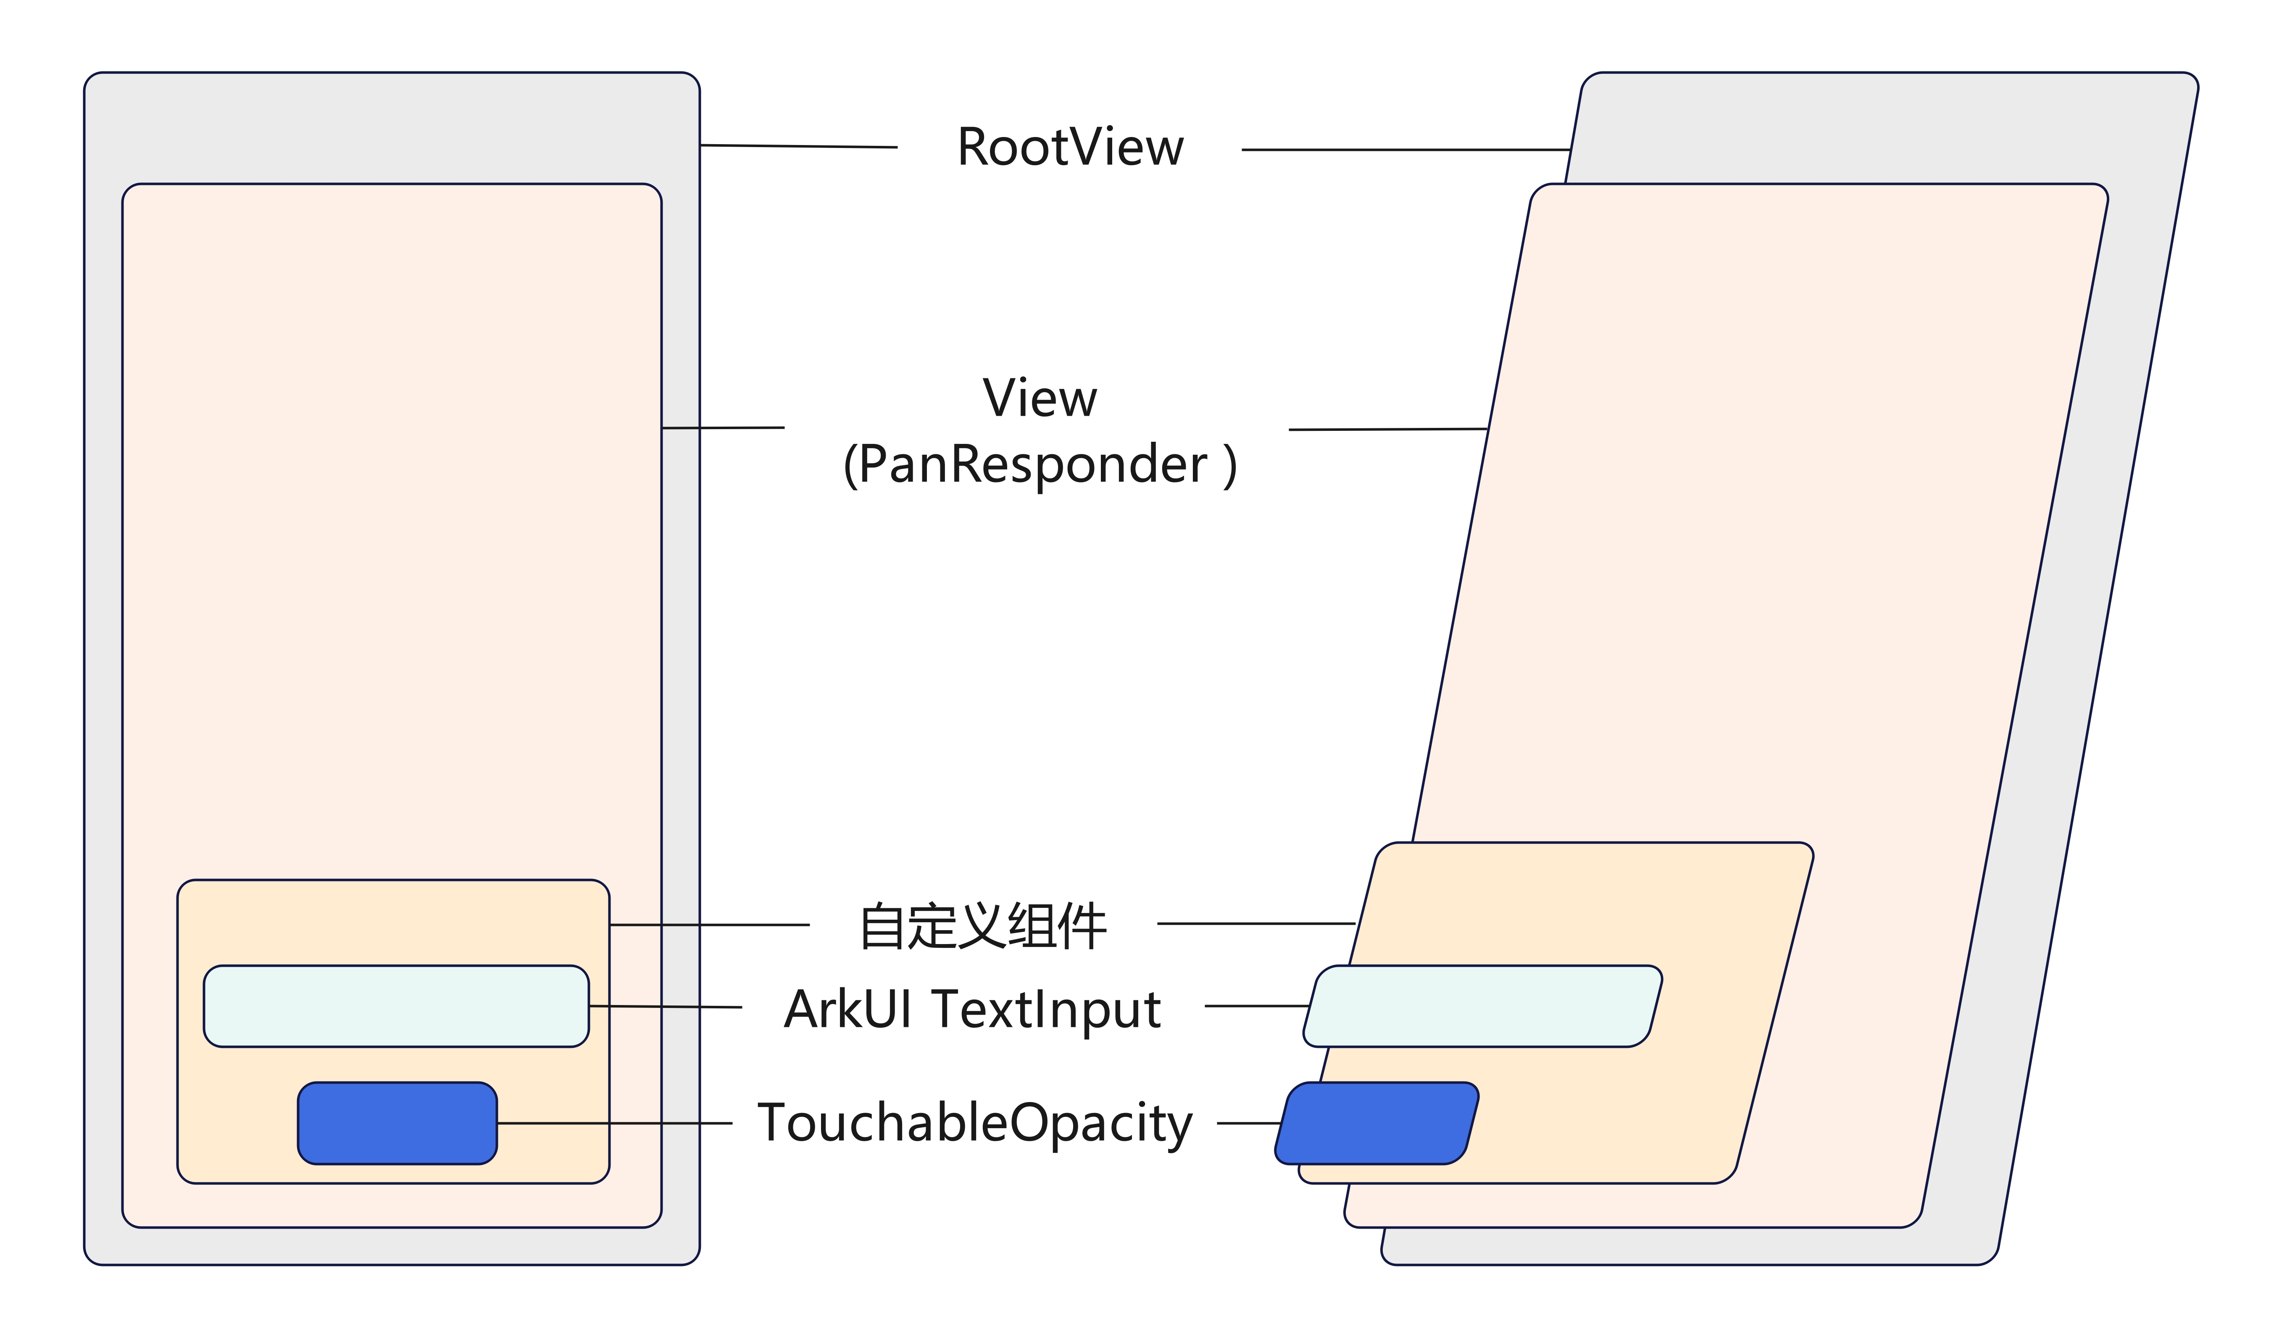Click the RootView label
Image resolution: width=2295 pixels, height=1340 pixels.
(x=1070, y=148)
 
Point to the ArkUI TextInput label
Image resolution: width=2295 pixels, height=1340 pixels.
(x=973, y=1009)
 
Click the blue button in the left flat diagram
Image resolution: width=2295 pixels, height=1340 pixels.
(x=397, y=1123)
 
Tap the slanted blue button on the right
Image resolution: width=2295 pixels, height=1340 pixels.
(x=1377, y=1123)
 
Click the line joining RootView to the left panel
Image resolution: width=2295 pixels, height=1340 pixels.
(x=799, y=146)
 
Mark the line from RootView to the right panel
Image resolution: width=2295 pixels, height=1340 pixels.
(x=1405, y=149)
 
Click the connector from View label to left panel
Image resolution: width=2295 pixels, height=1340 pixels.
(x=723, y=427)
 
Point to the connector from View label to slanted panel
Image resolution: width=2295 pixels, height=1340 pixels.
(x=1388, y=429)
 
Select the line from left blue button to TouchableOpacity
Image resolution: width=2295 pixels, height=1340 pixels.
(x=615, y=1123)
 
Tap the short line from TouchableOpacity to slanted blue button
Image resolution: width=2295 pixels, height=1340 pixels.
(x=1250, y=1123)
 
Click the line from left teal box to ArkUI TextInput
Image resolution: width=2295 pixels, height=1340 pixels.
(x=665, y=1007)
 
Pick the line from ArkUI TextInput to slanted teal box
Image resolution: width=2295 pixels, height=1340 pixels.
(x=1257, y=1006)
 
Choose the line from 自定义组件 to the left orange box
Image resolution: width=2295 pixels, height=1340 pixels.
(x=709, y=925)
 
